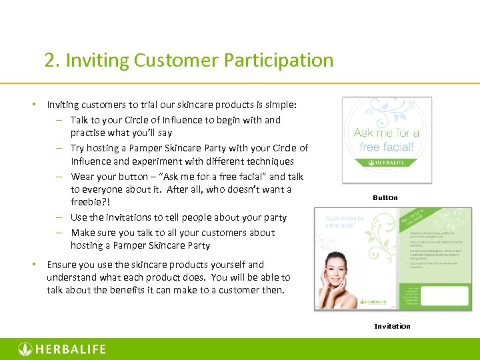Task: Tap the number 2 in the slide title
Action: tap(49, 60)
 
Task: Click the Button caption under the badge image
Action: tap(385, 197)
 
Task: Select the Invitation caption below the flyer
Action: tap(392, 326)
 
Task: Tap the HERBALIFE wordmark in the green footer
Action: tap(69, 349)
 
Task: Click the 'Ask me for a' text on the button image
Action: tap(386, 133)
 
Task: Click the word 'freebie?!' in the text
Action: tap(90, 202)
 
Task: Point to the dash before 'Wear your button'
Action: tap(59, 177)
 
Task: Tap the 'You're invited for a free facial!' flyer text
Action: tap(345, 222)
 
